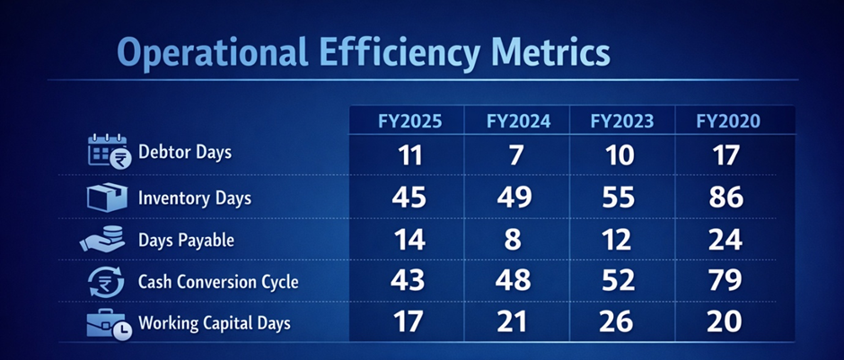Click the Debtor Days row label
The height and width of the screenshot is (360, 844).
tap(184, 152)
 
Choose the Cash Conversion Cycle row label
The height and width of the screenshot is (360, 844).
tap(218, 282)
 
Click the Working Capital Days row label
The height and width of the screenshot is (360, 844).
tap(215, 323)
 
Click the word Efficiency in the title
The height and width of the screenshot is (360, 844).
tap(393, 54)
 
